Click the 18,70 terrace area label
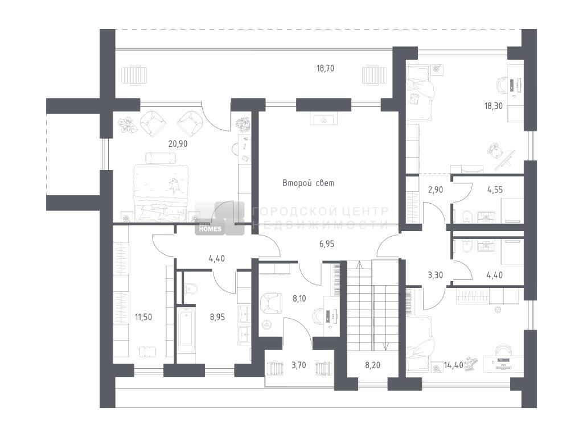[325, 68]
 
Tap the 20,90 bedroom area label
[178, 143]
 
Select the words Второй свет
[308, 183]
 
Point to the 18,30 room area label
[493, 106]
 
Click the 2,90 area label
[436, 189]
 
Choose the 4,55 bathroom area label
[495, 189]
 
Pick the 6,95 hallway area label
[327, 244]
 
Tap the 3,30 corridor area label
[436, 275]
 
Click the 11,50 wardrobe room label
[143, 317]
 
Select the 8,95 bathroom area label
[217, 317]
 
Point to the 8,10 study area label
[299, 298]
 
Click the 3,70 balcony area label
[298, 365]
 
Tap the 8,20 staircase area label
[372, 365]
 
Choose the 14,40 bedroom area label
[454, 365]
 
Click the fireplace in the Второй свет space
[324, 119]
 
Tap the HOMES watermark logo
[211, 229]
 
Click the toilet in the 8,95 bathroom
[190, 288]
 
